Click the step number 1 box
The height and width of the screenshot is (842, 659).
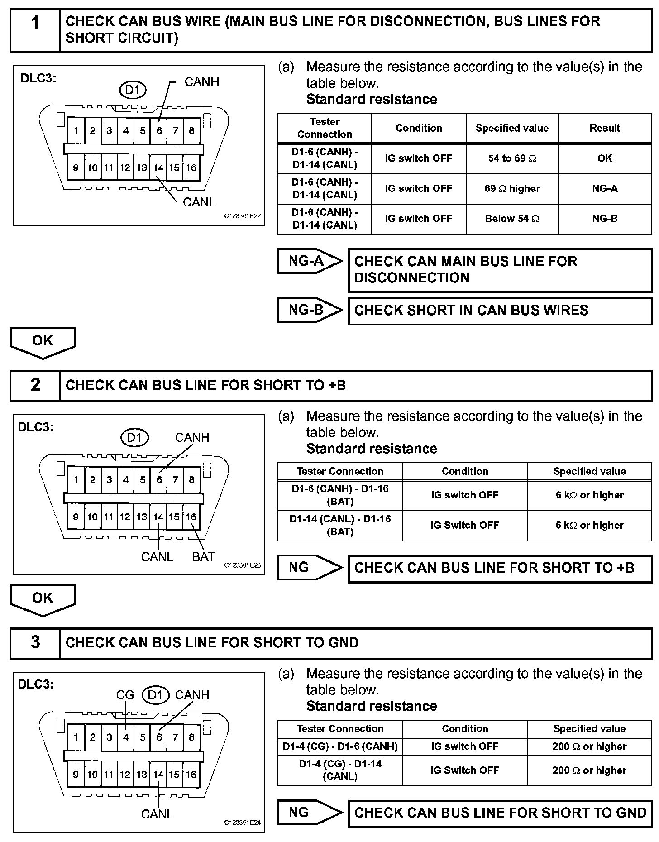pyautogui.click(x=35, y=30)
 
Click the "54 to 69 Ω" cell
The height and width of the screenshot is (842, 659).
pyautogui.click(x=512, y=158)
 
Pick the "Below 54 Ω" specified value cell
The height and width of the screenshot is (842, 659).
pyautogui.click(x=512, y=219)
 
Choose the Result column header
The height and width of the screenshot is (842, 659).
pyautogui.click(x=605, y=129)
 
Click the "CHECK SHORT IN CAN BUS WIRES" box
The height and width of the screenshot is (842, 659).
pyautogui.click(x=500, y=311)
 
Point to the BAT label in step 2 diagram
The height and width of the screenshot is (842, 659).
pyautogui.click(x=203, y=557)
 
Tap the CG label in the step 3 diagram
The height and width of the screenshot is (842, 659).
pyautogui.click(x=125, y=695)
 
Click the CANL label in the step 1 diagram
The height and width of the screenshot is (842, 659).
pyautogui.click(x=199, y=202)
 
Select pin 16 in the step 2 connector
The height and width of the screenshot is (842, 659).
pyautogui.click(x=191, y=517)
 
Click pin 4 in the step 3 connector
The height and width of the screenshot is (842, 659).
pyautogui.click(x=126, y=737)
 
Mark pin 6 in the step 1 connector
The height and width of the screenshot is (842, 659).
pyautogui.click(x=159, y=131)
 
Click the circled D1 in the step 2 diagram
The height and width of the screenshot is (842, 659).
pyautogui.click(x=134, y=437)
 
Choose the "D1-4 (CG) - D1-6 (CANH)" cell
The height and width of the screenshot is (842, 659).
pyautogui.click(x=340, y=746)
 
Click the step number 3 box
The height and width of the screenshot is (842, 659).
pyautogui.click(x=35, y=643)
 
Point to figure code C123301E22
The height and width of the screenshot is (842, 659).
pyautogui.click(x=243, y=216)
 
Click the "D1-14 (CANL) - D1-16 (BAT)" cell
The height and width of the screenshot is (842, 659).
pyautogui.click(x=340, y=526)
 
